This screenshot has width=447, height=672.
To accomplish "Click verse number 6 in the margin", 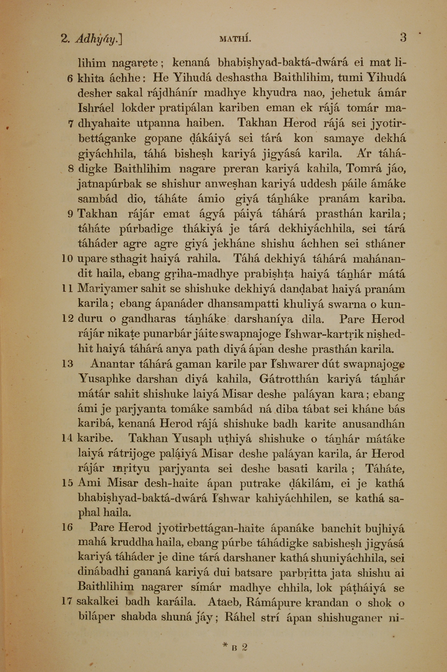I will point(70,78).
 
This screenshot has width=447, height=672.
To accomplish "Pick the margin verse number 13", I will point(67,364).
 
